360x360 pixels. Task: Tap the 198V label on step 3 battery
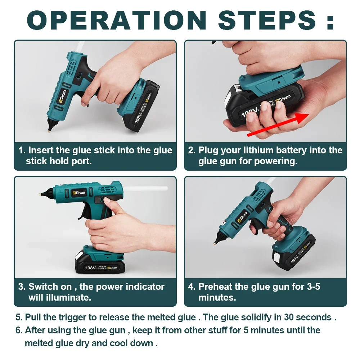coord(90,267)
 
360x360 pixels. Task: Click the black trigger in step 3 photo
coord(84,214)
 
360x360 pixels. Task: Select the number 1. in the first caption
coord(22,150)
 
